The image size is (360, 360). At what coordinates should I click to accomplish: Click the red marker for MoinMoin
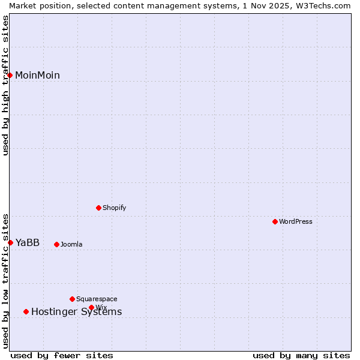coord(10,75)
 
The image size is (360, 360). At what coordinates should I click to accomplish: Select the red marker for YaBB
coord(11,242)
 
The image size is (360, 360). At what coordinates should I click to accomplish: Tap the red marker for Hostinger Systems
coord(26,311)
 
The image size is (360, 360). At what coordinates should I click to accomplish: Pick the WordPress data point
coord(275,221)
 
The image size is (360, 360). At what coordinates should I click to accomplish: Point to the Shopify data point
coord(98,208)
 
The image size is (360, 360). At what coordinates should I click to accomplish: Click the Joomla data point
coord(56,244)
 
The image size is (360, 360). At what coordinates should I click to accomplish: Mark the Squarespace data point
coord(72,299)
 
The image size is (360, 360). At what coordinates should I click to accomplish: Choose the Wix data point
coord(91,307)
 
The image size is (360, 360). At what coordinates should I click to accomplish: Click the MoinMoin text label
coord(37,75)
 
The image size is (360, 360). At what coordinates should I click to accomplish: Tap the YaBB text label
coord(28,242)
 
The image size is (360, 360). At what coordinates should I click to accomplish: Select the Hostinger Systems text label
coord(76,311)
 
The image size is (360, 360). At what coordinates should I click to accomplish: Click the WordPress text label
coord(296,221)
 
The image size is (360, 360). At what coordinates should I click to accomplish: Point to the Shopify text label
coord(114,208)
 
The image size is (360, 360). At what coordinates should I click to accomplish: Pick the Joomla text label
coord(71,244)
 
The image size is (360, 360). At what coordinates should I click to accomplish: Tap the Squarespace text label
coord(97,299)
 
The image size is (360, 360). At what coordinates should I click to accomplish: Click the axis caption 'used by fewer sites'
coord(62,355)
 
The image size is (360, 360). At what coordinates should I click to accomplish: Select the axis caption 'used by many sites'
coord(301,355)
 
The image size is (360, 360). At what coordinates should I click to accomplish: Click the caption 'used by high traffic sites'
coord(5,85)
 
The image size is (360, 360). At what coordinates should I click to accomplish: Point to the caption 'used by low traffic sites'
coord(5,280)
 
